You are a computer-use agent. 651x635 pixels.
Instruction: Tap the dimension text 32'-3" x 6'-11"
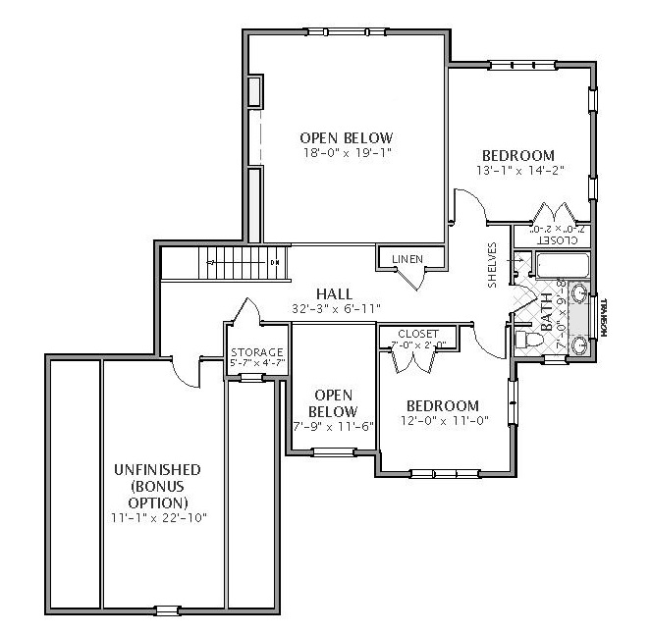point(335,308)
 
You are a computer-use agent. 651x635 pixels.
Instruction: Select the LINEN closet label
point(407,259)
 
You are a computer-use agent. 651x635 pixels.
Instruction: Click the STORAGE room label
point(256,352)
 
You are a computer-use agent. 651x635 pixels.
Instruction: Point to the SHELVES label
point(493,265)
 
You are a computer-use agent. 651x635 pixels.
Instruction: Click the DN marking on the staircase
point(275,263)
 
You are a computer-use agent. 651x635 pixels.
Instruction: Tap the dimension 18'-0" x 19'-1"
point(346,153)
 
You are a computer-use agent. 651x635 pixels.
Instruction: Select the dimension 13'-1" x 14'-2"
point(516,171)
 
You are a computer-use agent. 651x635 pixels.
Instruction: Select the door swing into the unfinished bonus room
point(183,374)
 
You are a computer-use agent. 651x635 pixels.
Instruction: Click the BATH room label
point(546,313)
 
